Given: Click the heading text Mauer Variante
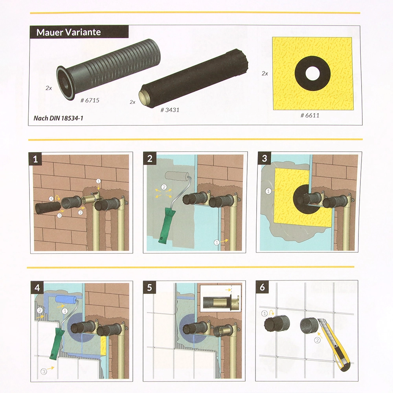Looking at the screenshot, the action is [68, 32].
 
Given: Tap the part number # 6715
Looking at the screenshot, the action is [90, 100].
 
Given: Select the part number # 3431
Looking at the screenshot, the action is [170, 110].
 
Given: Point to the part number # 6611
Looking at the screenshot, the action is [310, 115].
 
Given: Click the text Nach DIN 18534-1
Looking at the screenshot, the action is [58, 118].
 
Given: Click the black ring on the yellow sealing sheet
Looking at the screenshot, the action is [312, 73].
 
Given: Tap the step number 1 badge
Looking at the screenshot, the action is [35, 159].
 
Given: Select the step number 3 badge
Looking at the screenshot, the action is [264, 158].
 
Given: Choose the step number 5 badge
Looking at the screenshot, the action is [149, 287].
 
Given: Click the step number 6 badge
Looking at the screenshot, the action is [262, 287].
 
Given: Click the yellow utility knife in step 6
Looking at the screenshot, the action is [334, 344].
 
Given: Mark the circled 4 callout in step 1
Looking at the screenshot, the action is [51, 198].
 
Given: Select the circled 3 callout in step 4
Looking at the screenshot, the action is [44, 371].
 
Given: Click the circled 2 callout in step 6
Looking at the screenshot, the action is [317, 340].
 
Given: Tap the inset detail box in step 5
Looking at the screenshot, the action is [220, 298].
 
